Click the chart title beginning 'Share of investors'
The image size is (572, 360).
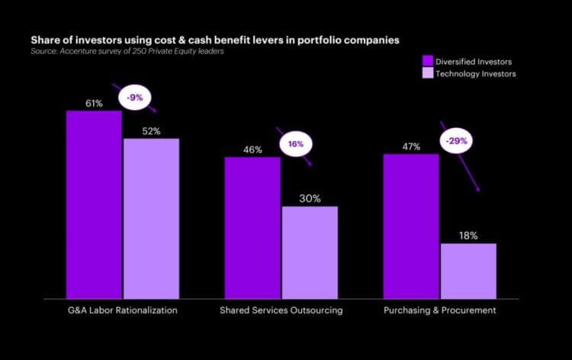point(214,39)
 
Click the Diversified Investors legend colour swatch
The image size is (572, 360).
point(428,60)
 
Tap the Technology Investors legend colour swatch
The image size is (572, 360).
point(428,73)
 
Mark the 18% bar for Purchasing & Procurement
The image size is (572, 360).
point(468,271)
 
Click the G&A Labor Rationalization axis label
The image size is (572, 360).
point(122,311)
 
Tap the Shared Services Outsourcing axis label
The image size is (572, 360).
point(281,311)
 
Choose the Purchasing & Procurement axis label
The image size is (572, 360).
point(440,311)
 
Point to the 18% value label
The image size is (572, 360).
point(468,236)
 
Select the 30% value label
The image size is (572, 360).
point(310,198)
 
